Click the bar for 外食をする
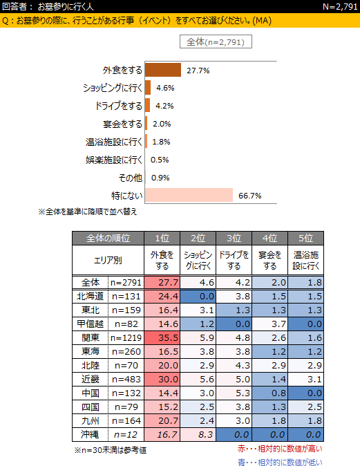pyautogui.click(x=163, y=70)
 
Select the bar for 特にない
pyautogui.click(x=189, y=195)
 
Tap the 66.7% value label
pyautogui.click(x=250, y=196)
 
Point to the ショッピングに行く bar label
pyautogui.click(x=113, y=88)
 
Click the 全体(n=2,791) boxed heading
pyautogui.click(x=216, y=41)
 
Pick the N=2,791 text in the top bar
pyautogui.click(x=340, y=6)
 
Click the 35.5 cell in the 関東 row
pyautogui.click(x=162, y=337)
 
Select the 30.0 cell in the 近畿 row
pyautogui.click(x=162, y=379)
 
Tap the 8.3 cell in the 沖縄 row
pyautogui.click(x=198, y=434)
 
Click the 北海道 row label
pyautogui.click(x=91, y=296)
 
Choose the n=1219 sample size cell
pyautogui.click(x=126, y=337)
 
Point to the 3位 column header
pyautogui.click(x=234, y=238)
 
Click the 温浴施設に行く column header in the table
pyautogui.click(x=305, y=260)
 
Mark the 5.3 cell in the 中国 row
pyautogui.click(x=234, y=393)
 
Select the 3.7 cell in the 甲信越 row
pyautogui.click(x=270, y=324)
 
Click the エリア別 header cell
pyautogui.click(x=108, y=260)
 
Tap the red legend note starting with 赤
pyautogui.click(x=280, y=449)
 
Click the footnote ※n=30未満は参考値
pyautogui.click(x=110, y=450)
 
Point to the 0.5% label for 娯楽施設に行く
pyautogui.click(x=160, y=160)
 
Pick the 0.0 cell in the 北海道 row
pyautogui.click(x=198, y=296)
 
